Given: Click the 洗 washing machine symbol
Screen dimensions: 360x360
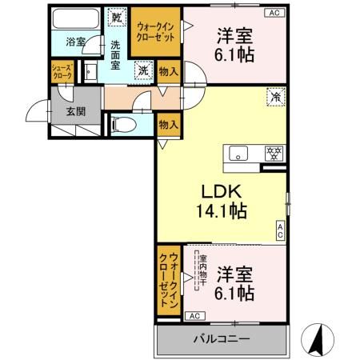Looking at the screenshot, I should (141, 70).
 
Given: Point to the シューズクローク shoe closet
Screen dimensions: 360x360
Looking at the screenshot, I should (62, 71).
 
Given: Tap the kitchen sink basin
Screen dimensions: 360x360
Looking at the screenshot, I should (238, 152).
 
